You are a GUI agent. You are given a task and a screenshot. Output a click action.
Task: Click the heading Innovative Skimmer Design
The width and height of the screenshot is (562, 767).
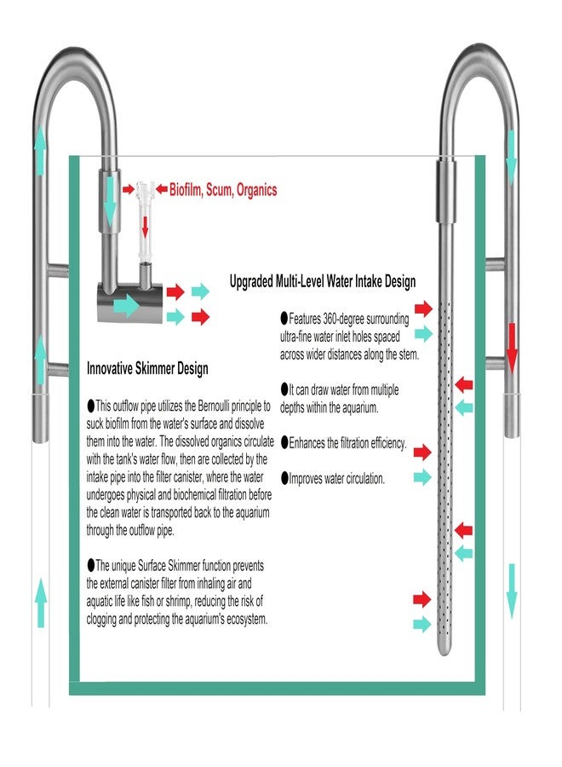(x=147, y=368)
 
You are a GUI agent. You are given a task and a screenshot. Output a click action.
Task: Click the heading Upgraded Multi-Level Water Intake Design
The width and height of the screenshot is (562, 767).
(x=323, y=281)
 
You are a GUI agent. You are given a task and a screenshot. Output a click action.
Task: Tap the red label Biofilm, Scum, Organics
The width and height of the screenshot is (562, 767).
(x=223, y=190)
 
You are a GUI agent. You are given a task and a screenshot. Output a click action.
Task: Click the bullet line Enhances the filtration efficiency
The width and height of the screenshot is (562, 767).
(x=343, y=443)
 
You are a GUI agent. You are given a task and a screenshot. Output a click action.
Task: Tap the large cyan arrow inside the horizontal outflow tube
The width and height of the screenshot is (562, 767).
(x=127, y=306)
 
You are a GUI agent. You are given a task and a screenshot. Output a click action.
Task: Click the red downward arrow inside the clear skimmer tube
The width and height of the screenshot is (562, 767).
(x=145, y=226)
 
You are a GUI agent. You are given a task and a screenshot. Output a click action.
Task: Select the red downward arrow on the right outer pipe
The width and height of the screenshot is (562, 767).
(x=512, y=348)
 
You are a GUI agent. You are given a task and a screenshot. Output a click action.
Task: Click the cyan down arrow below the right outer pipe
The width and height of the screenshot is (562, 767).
(x=512, y=591)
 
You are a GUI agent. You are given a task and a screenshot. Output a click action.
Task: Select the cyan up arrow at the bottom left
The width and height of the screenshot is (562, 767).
(x=41, y=603)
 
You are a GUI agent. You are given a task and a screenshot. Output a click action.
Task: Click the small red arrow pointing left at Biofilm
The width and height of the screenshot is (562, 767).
(x=161, y=189)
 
